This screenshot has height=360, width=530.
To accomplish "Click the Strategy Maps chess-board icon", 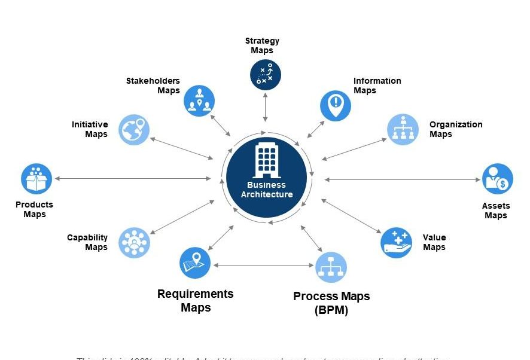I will [x=265, y=75].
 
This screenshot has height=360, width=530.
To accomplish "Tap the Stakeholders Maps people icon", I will [x=199, y=100].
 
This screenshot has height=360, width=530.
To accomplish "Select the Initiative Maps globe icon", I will [x=134, y=129].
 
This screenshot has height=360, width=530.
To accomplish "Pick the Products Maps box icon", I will [x=36, y=179].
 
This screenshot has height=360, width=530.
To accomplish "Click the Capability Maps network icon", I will [x=134, y=242].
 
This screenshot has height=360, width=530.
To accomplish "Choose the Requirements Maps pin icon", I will [x=195, y=263].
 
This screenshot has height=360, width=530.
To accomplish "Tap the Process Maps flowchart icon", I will [x=331, y=267].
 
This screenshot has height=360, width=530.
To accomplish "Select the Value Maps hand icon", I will [x=396, y=242].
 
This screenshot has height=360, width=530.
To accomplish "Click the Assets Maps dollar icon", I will [x=498, y=179].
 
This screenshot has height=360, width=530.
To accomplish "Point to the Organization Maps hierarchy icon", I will [x=403, y=129].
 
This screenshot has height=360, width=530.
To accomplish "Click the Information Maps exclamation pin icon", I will [x=336, y=105].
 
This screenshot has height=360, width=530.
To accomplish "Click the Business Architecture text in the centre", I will [x=267, y=190].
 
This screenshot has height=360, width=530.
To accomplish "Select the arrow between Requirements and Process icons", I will [x=263, y=265].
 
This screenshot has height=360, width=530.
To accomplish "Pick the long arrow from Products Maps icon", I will [x=132, y=178].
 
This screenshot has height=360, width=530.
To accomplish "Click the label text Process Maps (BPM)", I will [x=331, y=303].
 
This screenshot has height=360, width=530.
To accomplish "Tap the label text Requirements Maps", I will [x=196, y=301].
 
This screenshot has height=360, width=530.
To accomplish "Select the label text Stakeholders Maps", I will [x=153, y=86].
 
